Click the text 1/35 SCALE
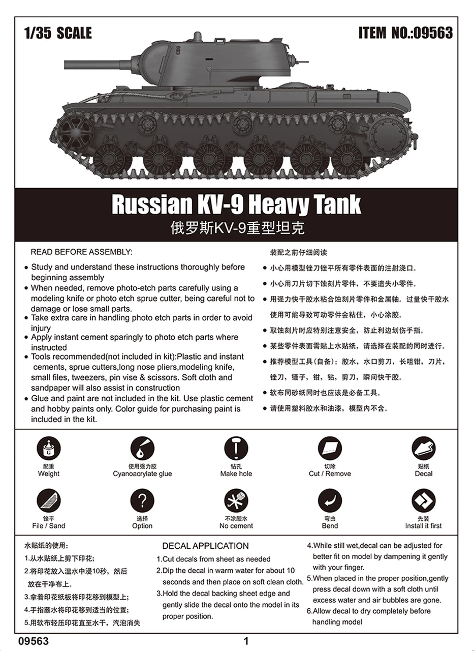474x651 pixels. tap(58, 34)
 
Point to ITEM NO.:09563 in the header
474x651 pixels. tap(405, 34)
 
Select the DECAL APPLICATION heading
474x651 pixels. tap(205, 546)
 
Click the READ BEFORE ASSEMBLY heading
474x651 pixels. tap(81, 252)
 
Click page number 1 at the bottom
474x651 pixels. tap(246, 641)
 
